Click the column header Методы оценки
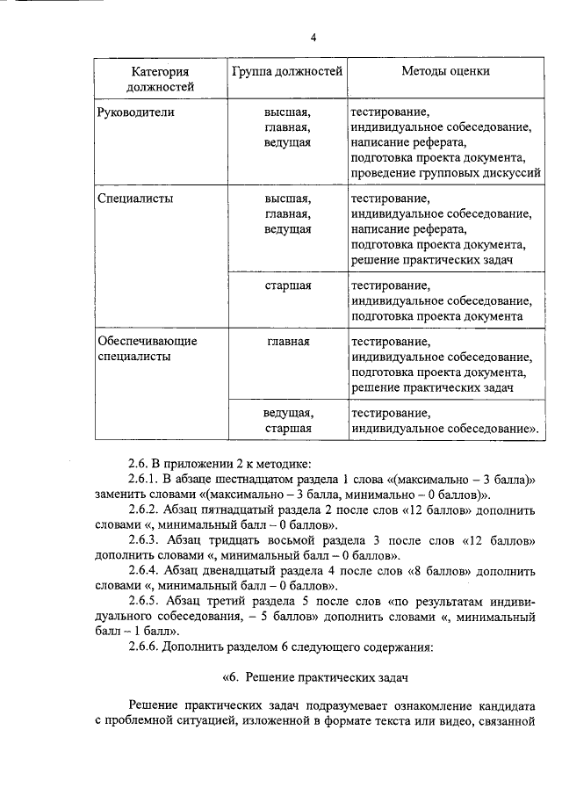point(445,71)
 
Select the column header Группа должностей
point(287,71)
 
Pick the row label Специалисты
point(134,199)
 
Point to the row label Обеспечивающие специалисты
point(147,349)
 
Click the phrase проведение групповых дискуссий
point(445,174)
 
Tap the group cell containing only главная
point(288,341)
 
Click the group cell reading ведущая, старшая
point(288,420)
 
